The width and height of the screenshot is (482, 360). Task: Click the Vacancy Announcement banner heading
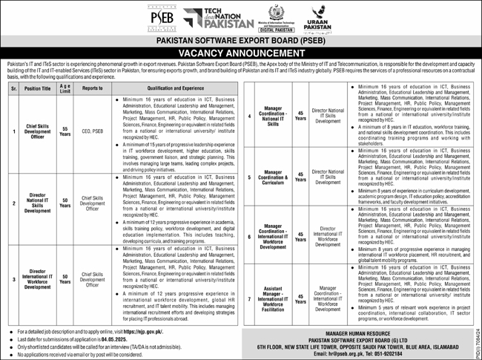(240, 55)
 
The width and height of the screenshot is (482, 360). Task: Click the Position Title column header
(38, 87)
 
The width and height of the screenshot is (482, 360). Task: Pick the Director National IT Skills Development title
(37, 201)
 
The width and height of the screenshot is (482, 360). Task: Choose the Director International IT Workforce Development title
(37, 275)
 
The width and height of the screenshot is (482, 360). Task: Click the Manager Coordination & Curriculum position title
(274, 177)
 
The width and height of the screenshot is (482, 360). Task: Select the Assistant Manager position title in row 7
(274, 298)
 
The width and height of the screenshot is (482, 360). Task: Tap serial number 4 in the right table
(249, 117)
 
